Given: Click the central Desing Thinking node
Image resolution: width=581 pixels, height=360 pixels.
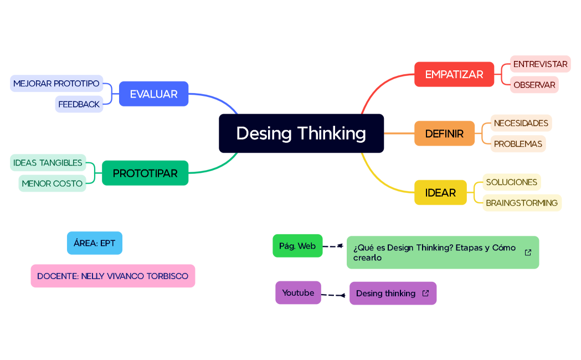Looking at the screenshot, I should (301, 133).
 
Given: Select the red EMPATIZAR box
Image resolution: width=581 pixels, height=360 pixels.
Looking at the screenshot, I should (454, 74).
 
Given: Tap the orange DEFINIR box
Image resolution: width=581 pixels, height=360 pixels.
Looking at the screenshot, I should (444, 133).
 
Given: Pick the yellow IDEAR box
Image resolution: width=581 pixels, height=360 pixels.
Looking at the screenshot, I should (440, 193).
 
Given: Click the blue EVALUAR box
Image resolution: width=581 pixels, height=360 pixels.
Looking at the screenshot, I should (153, 94).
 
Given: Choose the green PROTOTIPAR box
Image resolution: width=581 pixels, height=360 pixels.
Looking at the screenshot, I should (145, 173).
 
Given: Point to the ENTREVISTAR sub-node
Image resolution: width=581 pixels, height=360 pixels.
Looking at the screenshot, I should (540, 64).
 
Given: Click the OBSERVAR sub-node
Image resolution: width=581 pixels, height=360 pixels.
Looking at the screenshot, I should (534, 85).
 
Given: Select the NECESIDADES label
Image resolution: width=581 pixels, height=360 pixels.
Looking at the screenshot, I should (521, 123).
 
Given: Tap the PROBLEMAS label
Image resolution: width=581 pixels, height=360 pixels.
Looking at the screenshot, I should (518, 144).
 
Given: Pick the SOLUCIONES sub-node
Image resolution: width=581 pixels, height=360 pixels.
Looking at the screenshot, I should (511, 182).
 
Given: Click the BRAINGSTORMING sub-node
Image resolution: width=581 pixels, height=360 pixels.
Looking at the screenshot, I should (522, 203).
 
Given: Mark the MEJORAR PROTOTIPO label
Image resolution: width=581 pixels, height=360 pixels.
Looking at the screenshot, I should (56, 84).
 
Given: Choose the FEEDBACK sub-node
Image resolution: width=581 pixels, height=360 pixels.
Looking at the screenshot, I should (79, 104).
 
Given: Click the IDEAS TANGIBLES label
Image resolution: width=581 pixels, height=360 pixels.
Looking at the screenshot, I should (48, 163).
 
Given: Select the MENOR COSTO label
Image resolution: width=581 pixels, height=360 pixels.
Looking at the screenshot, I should (52, 183).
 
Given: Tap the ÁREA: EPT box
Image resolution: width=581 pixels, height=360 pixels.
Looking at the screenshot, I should (94, 243).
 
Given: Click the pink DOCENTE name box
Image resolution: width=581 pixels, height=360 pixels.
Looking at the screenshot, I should (112, 276).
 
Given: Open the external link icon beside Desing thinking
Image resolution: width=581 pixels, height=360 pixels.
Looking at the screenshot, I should (425, 294).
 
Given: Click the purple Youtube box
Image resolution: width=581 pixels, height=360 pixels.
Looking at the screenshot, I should (298, 293).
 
